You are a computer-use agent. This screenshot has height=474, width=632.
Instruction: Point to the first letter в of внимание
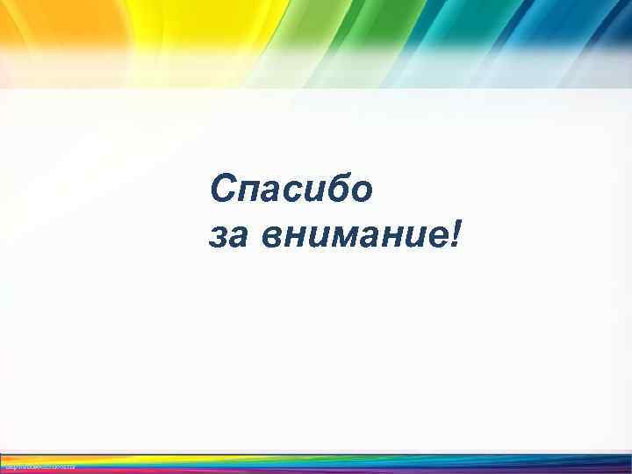point(270,237)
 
